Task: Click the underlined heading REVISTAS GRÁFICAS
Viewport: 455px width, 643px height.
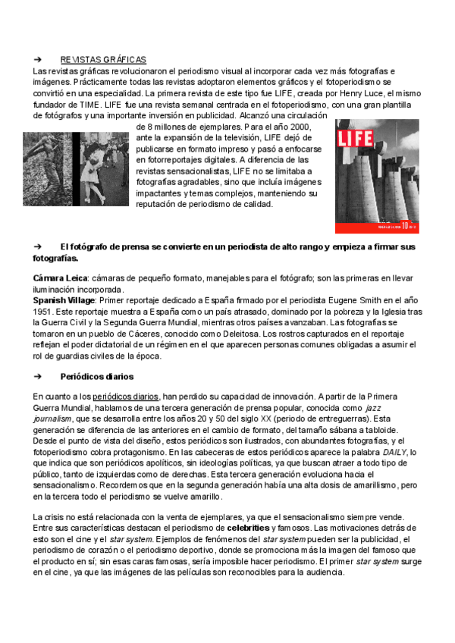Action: [x=103, y=60]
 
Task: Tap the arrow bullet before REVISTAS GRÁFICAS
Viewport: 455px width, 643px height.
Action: [x=37, y=60]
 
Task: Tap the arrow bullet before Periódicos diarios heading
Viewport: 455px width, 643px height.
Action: [x=37, y=376]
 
